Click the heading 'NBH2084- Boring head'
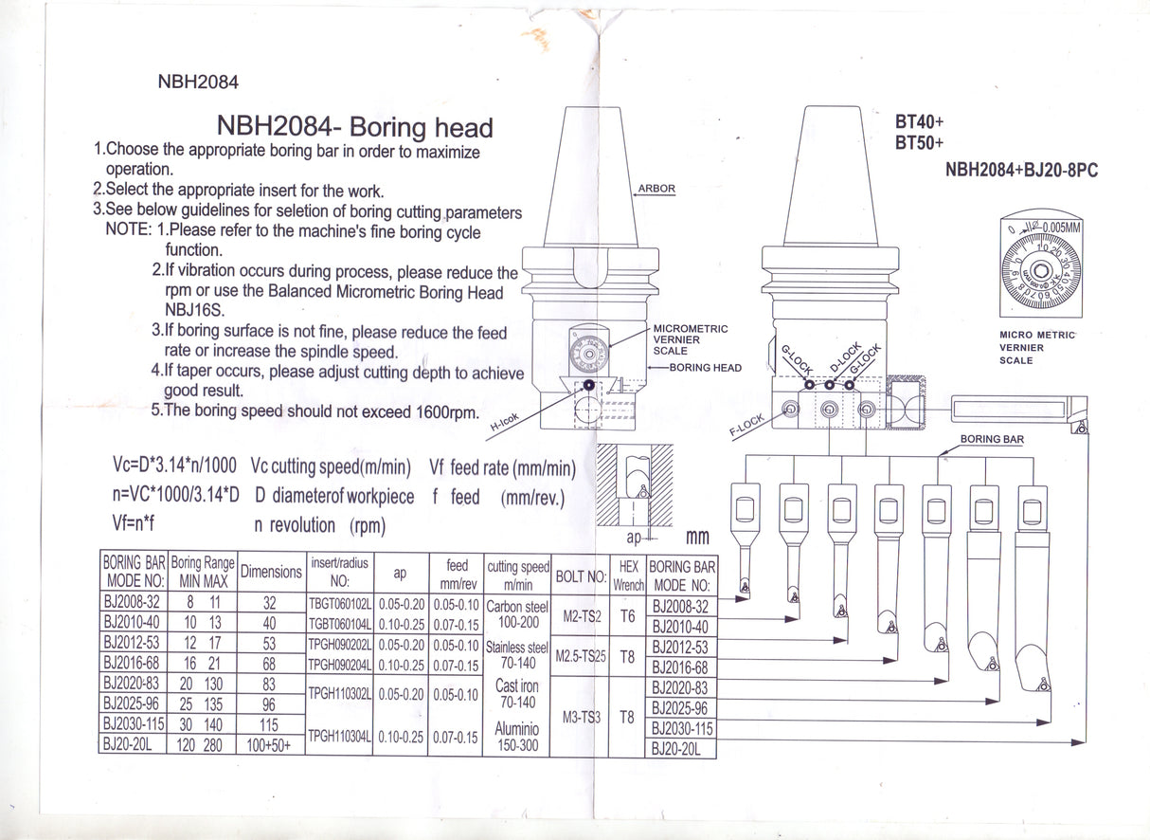pyautogui.click(x=355, y=126)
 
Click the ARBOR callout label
pyautogui.click(x=656, y=189)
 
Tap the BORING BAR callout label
pyautogui.click(x=992, y=440)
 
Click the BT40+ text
pyautogui.click(x=919, y=123)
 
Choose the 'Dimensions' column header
pyautogui.click(x=271, y=572)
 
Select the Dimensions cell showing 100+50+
pyautogui.click(x=269, y=745)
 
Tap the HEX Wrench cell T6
pyautogui.click(x=626, y=616)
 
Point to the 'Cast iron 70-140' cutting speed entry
pyautogui.click(x=517, y=693)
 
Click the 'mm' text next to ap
pyautogui.click(x=697, y=538)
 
